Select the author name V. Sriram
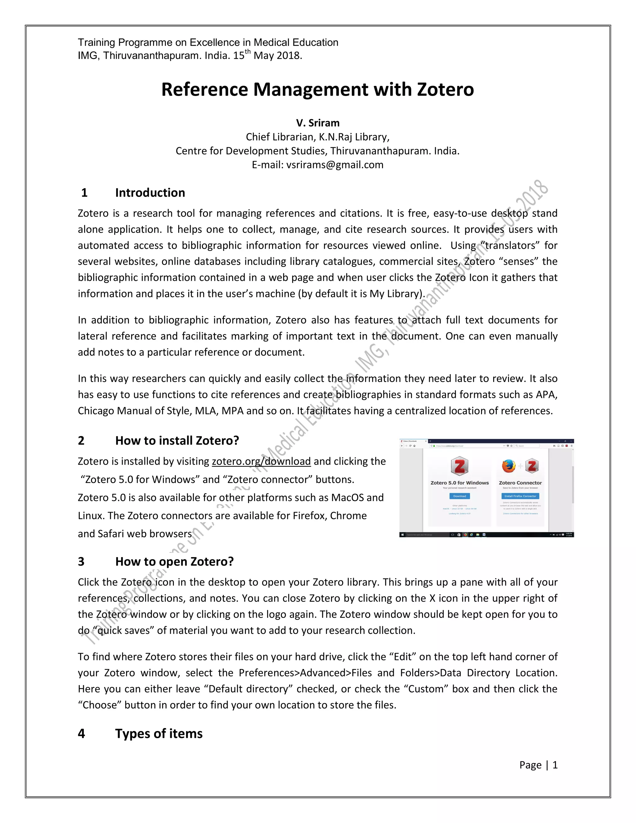(x=318, y=123)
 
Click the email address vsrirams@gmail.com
(x=334, y=165)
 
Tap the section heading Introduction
(x=150, y=193)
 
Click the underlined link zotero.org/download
(x=261, y=461)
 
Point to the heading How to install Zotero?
(x=177, y=440)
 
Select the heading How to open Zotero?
(x=175, y=562)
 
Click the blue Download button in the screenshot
(x=459, y=496)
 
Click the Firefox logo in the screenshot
(x=508, y=466)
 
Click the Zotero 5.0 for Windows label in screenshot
(x=460, y=483)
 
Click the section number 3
(x=81, y=562)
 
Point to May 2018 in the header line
(x=277, y=56)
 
